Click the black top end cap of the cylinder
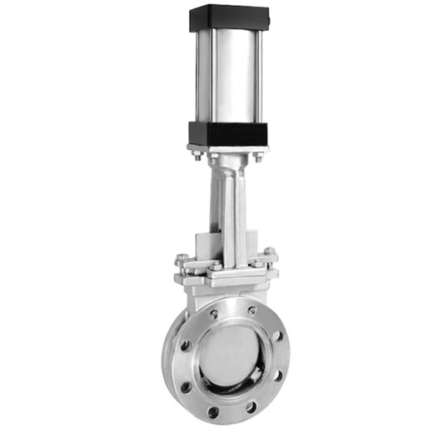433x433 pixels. (x=229, y=17)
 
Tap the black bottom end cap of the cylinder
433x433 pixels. (x=228, y=133)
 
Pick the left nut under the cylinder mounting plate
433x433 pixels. (x=198, y=155)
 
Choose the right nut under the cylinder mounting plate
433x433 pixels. (x=258, y=156)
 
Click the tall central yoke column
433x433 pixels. (x=231, y=208)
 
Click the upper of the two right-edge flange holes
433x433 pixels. (x=276, y=336)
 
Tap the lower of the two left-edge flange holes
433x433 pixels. (x=187, y=387)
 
